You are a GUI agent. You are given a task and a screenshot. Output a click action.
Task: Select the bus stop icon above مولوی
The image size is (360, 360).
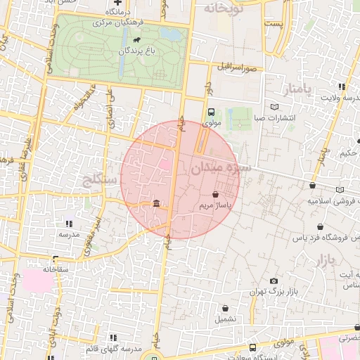point(211,112)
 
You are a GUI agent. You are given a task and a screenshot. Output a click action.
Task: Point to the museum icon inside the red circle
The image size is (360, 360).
point(155,204)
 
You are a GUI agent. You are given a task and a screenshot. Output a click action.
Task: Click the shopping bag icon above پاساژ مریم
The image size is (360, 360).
point(215,194)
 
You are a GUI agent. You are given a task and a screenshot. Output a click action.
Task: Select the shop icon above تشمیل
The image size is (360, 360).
point(225,308)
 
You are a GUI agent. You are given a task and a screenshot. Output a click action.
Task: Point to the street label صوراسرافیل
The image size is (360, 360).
point(240,68)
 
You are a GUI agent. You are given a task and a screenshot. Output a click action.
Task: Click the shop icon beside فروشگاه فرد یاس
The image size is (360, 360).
point(321,227)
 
